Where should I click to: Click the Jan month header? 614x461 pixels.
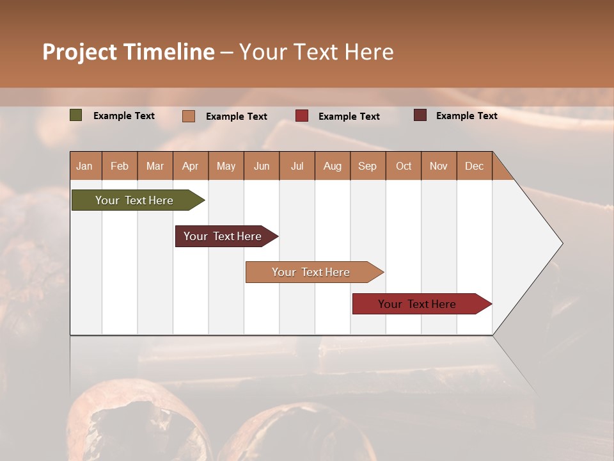point(84,166)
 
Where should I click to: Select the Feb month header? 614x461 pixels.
point(120,166)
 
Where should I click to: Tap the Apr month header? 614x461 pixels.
point(190,166)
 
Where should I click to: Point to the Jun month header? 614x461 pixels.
point(261,166)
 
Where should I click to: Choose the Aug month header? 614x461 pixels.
point(332,166)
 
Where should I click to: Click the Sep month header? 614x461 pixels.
point(367,166)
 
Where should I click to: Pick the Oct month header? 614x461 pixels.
point(403,166)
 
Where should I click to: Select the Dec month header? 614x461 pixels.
point(474,166)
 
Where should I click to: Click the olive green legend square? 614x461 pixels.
point(75,115)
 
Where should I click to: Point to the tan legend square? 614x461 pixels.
point(188,116)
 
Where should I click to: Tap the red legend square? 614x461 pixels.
point(301,116)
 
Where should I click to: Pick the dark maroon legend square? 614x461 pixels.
point(420,115)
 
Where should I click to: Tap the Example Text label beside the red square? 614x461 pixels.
point(349,116)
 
